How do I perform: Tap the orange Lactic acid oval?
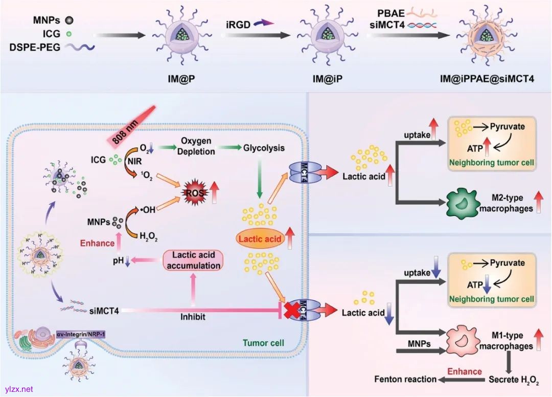[x=259, y=238]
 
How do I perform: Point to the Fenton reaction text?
[x=405, y=379]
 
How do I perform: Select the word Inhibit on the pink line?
[x=193, y=317]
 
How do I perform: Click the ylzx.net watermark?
[x=18, y=389]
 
